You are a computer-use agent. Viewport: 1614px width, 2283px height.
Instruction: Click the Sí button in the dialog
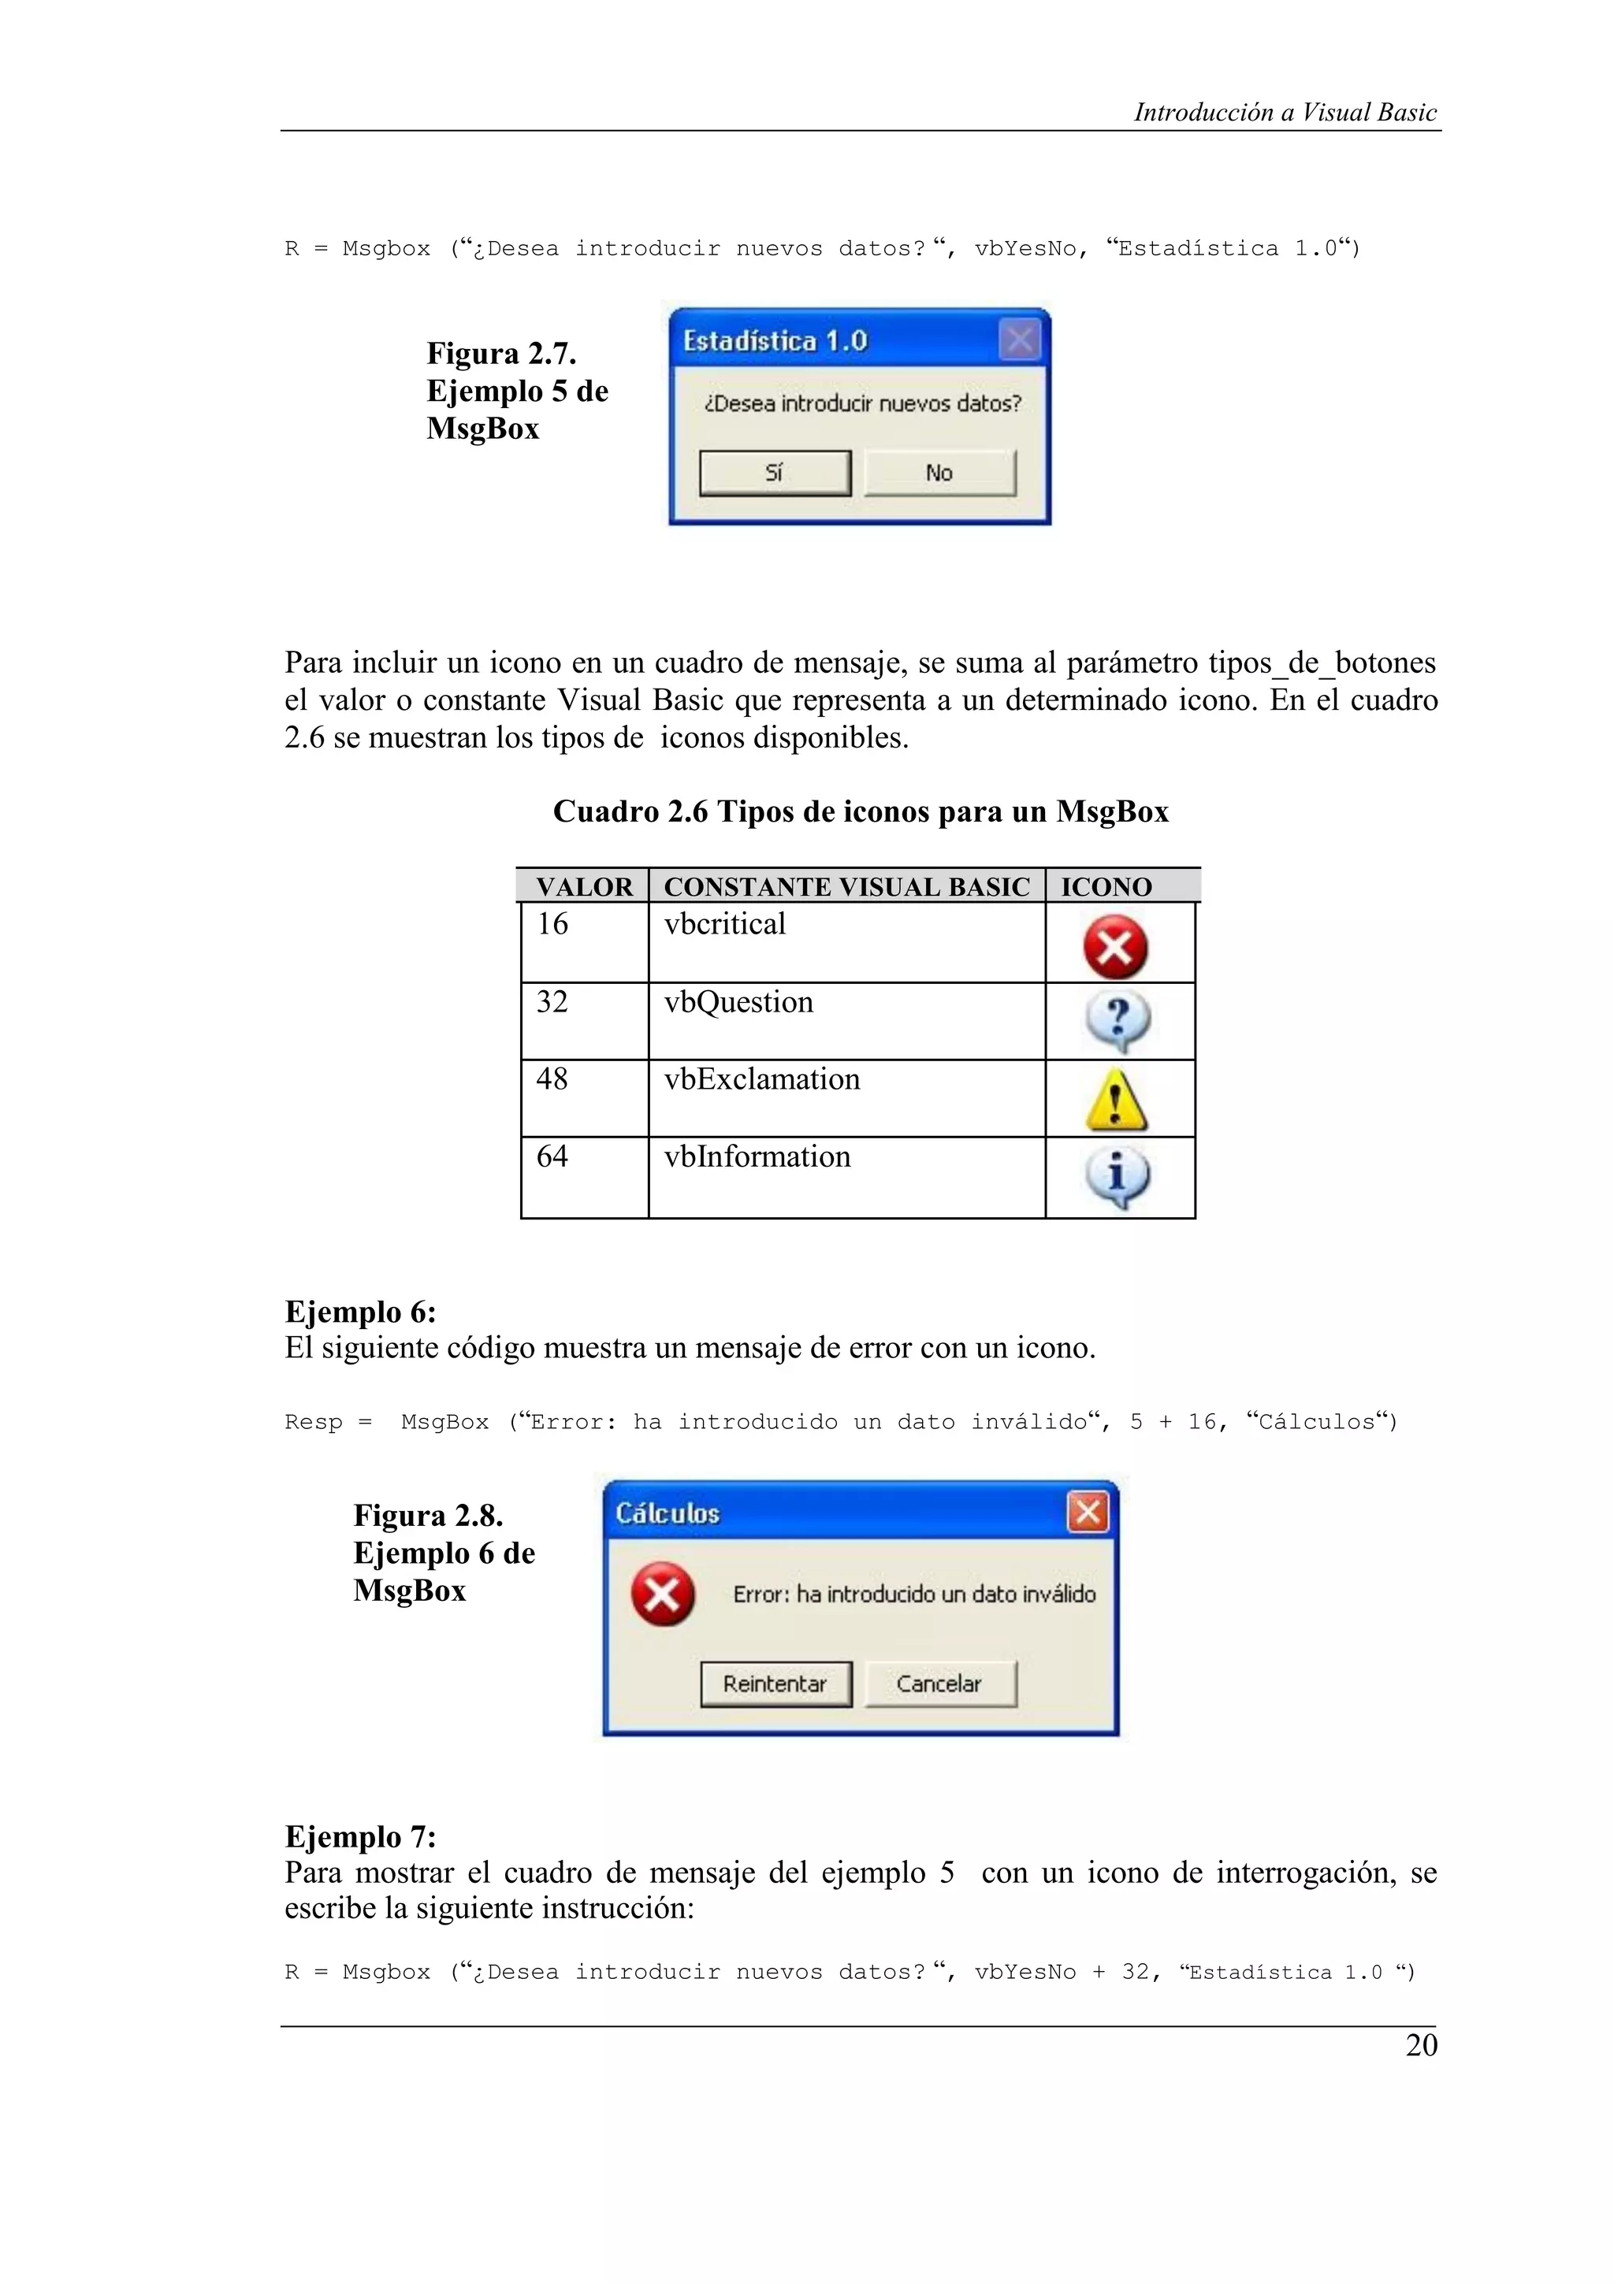coord(775,473)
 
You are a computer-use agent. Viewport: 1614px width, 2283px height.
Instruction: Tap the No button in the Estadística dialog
coord(939,473)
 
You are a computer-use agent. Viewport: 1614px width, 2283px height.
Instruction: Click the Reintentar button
coord(775,1683)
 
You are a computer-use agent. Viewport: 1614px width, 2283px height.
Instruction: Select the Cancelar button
coord(939,1683)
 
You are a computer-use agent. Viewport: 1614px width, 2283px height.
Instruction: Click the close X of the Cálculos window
coord(1087,1513)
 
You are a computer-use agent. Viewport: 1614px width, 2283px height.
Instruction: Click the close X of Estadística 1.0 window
coord(1019,340)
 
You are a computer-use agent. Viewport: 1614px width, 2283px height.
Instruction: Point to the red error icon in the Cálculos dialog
coord(662,1594)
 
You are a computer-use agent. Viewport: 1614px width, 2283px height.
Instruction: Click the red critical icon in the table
coord(1116,947)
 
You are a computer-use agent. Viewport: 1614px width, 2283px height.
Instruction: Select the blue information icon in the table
coord(1117,1177)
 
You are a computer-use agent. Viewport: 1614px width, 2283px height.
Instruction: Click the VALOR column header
coord(584,887)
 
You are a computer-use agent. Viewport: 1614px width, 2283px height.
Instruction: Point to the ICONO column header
coord(1106,887)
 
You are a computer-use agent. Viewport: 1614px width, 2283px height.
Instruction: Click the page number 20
coord(1421,2045)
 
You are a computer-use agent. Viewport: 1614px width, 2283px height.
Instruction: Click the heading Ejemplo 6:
coord(361,1312)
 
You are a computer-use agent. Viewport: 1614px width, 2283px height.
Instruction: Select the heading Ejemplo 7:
coord(361,1836)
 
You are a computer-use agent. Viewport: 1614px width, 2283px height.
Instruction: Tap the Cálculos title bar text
coord(668,1513)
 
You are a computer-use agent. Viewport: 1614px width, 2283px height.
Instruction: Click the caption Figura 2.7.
coord(501,354)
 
